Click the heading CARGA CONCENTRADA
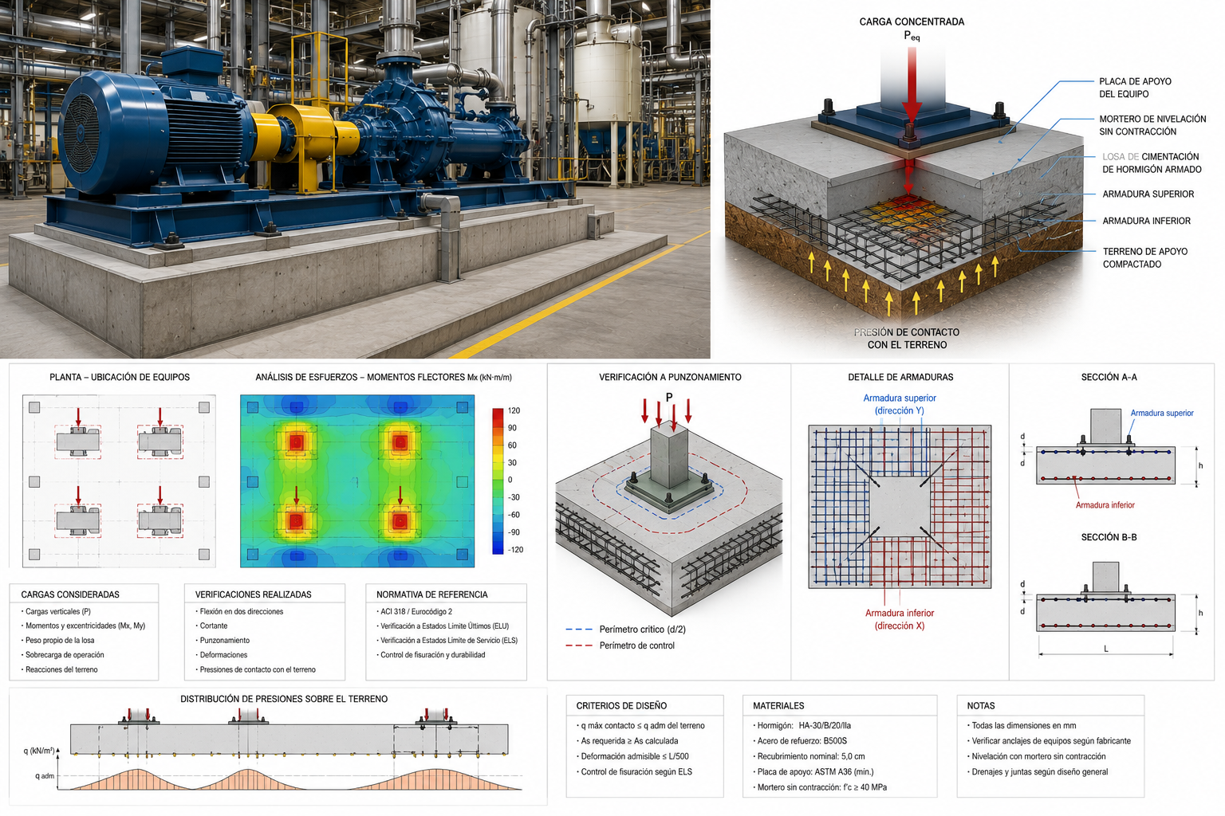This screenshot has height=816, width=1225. (912, 22)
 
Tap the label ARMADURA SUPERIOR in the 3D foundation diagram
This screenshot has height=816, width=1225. (1148, 194)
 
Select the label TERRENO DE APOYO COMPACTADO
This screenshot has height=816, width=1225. (1144, 257)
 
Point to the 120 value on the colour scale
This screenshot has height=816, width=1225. (514, 410)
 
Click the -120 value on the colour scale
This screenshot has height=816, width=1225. (514, 550)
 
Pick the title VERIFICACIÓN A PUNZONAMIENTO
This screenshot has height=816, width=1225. (670, 377)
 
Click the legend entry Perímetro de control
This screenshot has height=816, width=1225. (636, 645)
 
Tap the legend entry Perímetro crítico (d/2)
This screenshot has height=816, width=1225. (642, 629)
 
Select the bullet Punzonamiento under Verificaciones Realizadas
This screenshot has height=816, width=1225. (224, 640)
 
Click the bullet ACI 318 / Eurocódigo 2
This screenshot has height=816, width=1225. (416, 611)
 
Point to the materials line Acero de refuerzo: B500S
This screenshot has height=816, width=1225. (801, 741)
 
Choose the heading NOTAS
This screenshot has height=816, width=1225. (980, 705)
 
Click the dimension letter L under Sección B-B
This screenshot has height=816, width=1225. (1106, 649)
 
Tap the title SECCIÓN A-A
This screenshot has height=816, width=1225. (1109, 377)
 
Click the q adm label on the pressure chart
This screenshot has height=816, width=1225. (45, 775)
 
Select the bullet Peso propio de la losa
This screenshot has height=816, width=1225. (58, 640)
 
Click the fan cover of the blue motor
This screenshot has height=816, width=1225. (82, 133)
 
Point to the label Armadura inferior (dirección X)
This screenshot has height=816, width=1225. (900, 619)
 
